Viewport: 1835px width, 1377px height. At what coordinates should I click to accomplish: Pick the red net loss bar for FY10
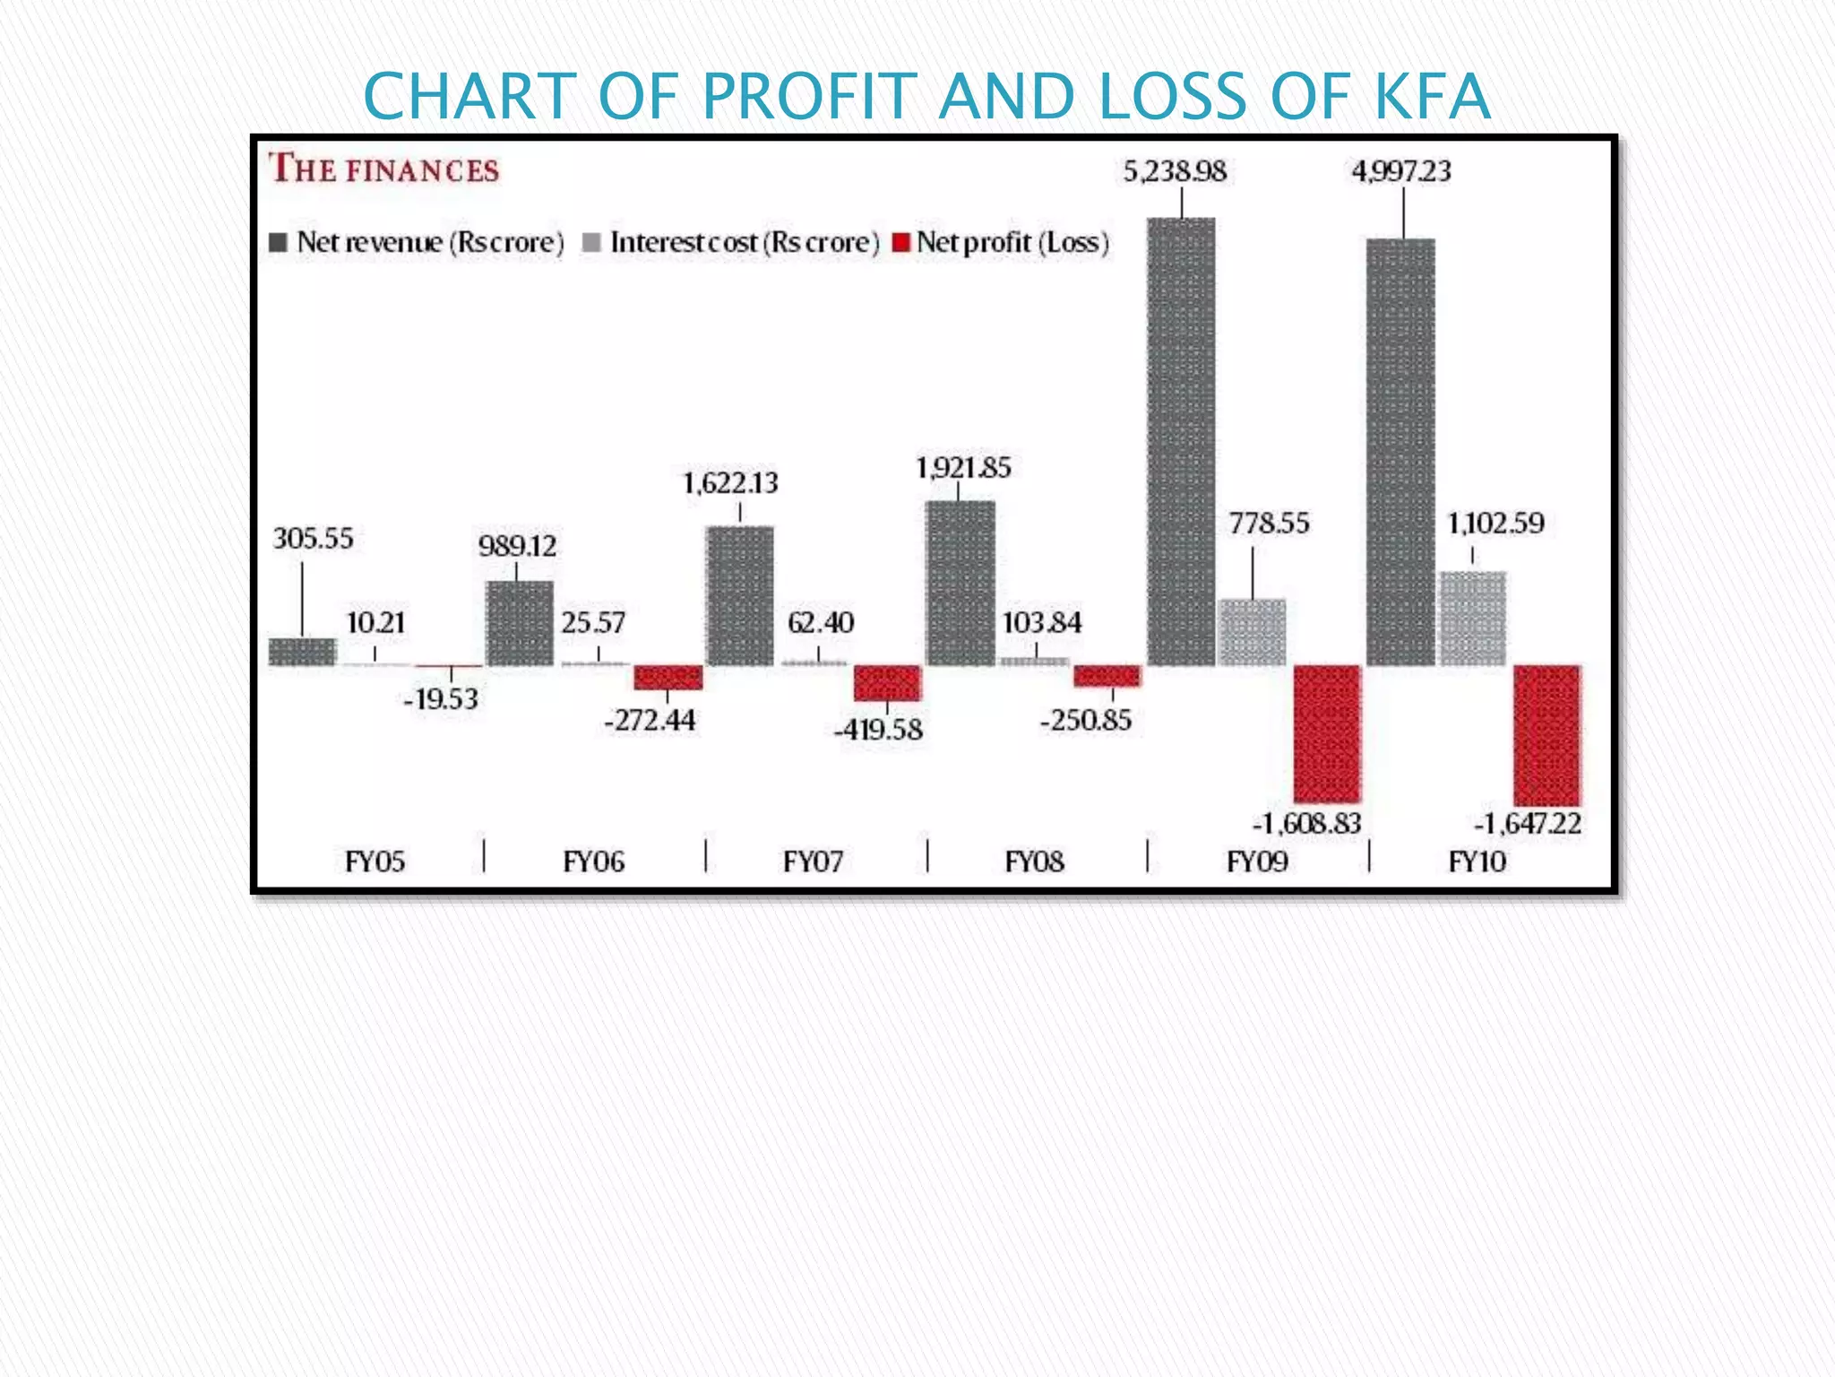(1546, 735)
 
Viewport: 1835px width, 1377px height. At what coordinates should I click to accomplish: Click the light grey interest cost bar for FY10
(1473, 619)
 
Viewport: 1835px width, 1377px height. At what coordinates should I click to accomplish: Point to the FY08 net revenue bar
(960, 583)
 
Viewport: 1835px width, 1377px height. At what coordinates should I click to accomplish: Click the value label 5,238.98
(1175, 170)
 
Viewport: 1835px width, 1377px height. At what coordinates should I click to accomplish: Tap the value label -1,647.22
(1528, 823)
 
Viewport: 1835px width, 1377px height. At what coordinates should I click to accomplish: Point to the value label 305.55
(313, 539)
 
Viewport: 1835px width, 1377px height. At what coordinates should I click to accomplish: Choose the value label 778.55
(1269, 523)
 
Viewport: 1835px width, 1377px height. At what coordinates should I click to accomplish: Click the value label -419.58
(878, 730)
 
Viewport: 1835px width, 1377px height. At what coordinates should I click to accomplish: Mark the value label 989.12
(517, 546)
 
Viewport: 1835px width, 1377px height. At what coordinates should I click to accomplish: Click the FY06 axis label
(593, 862)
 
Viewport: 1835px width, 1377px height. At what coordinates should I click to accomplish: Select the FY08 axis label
(1034, 862)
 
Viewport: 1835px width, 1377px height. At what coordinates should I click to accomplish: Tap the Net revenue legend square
(279, 242)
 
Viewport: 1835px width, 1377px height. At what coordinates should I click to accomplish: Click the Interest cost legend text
(744, 242)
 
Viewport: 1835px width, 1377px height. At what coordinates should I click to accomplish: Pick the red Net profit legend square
(901, 242)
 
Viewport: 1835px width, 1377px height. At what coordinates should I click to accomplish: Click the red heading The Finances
(384, 169)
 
